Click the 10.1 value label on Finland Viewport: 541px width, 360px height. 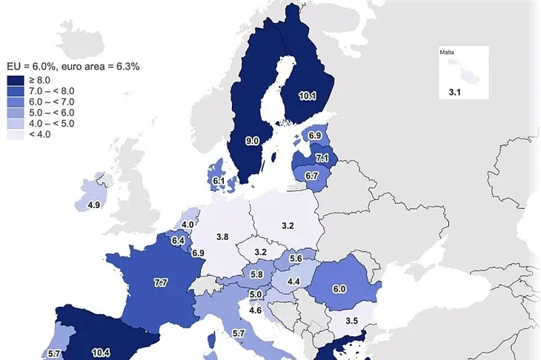(308, 96)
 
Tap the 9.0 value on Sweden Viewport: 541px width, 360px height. (252, 140)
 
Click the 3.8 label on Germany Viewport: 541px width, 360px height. (222, 237)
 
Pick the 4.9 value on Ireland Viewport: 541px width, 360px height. (94, 205)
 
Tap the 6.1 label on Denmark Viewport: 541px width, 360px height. (219, 180)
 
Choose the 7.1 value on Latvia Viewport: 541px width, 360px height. (322, 159)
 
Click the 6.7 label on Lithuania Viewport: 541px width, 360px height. (311, 176)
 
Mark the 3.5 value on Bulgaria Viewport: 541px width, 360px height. (351, 321)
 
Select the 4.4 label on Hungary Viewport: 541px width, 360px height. (293, 281)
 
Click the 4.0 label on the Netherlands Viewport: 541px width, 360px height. (188, 224)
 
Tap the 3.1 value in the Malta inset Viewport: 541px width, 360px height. (454, 93)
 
